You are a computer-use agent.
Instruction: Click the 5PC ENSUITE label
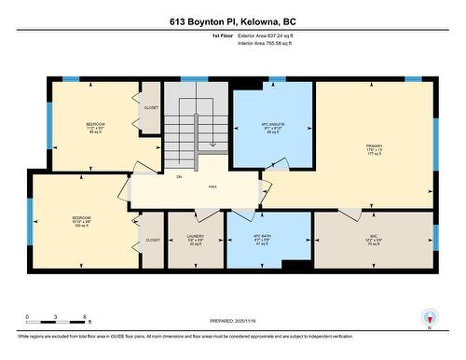(273, 124)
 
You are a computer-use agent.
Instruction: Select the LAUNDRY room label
(195, 237)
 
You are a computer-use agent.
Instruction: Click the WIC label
(372, 237)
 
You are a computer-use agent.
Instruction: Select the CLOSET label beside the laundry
(153, 240)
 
